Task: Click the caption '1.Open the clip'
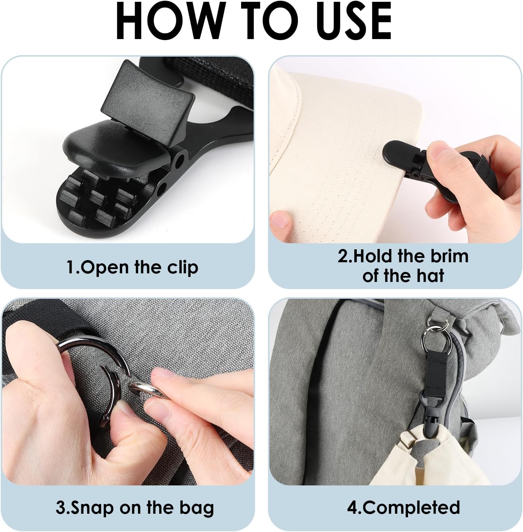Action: click(x=132, y=267)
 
